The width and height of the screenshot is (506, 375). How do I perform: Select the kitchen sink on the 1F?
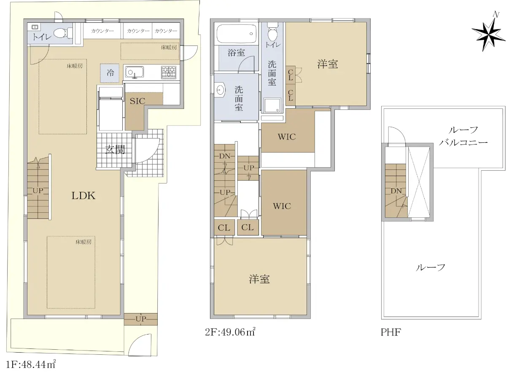(135, 72)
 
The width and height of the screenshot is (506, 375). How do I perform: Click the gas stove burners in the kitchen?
(169, 72)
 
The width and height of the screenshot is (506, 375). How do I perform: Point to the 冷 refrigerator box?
(110, 73)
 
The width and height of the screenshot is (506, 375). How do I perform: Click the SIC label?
(137, 101)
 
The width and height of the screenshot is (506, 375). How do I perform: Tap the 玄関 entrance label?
(115, 150)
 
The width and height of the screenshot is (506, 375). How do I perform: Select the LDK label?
(83, 196)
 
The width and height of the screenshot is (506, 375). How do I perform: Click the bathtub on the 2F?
(236, 34)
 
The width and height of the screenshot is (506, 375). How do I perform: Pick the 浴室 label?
(236, 53)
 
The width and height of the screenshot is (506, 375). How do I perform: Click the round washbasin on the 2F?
(220, 90)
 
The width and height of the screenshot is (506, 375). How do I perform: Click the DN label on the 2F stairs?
(225, 156)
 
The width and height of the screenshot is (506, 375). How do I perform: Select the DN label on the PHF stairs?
(396, 191)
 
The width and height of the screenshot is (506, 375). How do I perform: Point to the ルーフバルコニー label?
(463, 137)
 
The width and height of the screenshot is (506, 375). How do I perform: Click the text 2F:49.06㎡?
(230, 332)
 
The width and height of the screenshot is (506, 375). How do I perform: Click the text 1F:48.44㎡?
(31, 364)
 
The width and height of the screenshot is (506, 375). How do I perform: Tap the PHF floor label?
(390, 332)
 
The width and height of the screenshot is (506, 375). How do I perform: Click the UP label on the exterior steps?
(140, 319)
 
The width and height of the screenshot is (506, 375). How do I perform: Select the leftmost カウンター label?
(102, 31)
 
